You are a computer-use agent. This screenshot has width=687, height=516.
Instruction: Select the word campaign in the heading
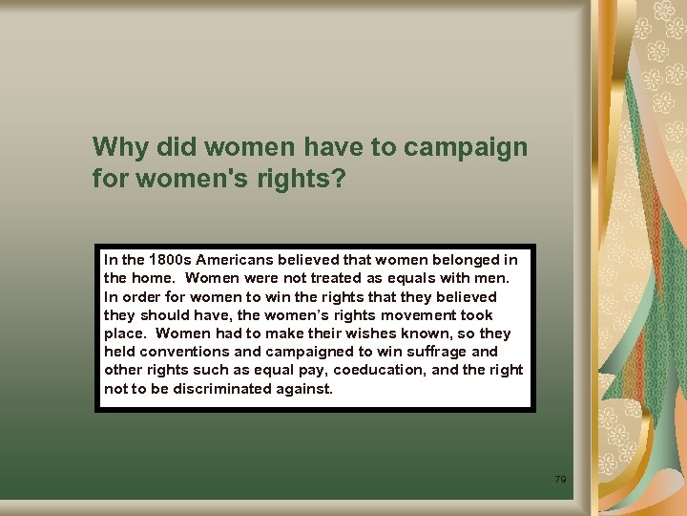[466, 147]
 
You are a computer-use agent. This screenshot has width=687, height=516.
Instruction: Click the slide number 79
[560, 478]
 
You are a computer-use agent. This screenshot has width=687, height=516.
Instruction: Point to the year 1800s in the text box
[166, 260]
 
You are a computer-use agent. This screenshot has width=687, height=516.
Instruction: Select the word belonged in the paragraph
[465, 260]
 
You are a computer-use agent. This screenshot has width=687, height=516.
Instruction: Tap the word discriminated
[217, 389]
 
